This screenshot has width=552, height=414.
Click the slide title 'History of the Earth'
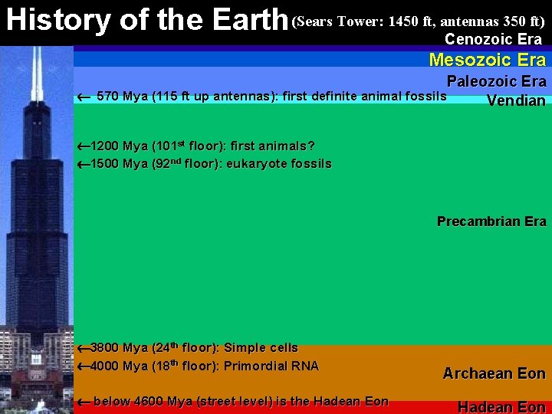click(146, 20)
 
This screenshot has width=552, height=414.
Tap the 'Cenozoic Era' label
click(493, 39)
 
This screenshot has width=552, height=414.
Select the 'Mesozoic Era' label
click(487, 60)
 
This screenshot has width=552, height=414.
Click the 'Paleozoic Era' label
click(496, 81)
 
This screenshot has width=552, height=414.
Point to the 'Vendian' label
click(516, 100)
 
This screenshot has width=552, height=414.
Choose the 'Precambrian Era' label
click(491, 222)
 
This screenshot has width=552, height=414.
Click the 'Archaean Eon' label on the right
click(494, 373)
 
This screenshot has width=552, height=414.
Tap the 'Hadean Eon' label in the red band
click(501, 407)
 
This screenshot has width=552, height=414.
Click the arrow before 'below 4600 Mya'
click(84, 402)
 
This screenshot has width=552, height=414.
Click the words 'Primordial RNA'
click(271, 366)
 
